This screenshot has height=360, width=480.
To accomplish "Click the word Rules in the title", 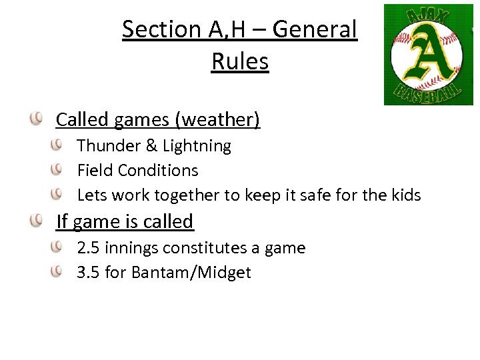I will [240, 61].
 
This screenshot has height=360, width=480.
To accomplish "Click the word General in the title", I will [315, 29].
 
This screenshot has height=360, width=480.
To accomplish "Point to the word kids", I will [405, 195].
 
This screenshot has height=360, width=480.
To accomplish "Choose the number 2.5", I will [89, 249].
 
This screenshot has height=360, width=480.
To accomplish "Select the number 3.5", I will [89, 273].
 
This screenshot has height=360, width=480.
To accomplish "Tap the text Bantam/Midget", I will [191, 273].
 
